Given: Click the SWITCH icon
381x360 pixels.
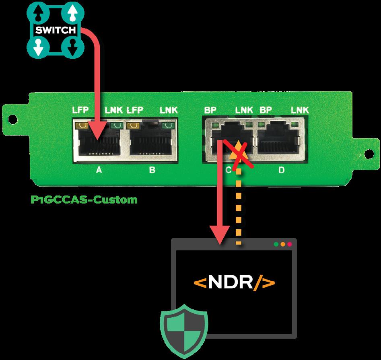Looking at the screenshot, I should [55, 30].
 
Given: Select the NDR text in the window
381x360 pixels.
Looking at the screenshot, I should [235, 282].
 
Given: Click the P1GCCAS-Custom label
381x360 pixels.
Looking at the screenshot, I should [84, 200].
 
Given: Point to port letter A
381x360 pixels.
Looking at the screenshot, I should [99, 170].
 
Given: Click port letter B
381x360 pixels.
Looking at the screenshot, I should [152, 170].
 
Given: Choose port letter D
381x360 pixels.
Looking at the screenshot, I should [281, 170].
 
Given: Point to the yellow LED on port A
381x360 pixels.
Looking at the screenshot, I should [83, 125].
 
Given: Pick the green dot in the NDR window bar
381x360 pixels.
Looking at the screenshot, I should [276, 244].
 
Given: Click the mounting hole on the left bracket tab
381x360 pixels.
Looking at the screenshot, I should [12, 119].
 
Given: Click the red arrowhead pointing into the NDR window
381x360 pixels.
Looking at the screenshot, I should [219, 237].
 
